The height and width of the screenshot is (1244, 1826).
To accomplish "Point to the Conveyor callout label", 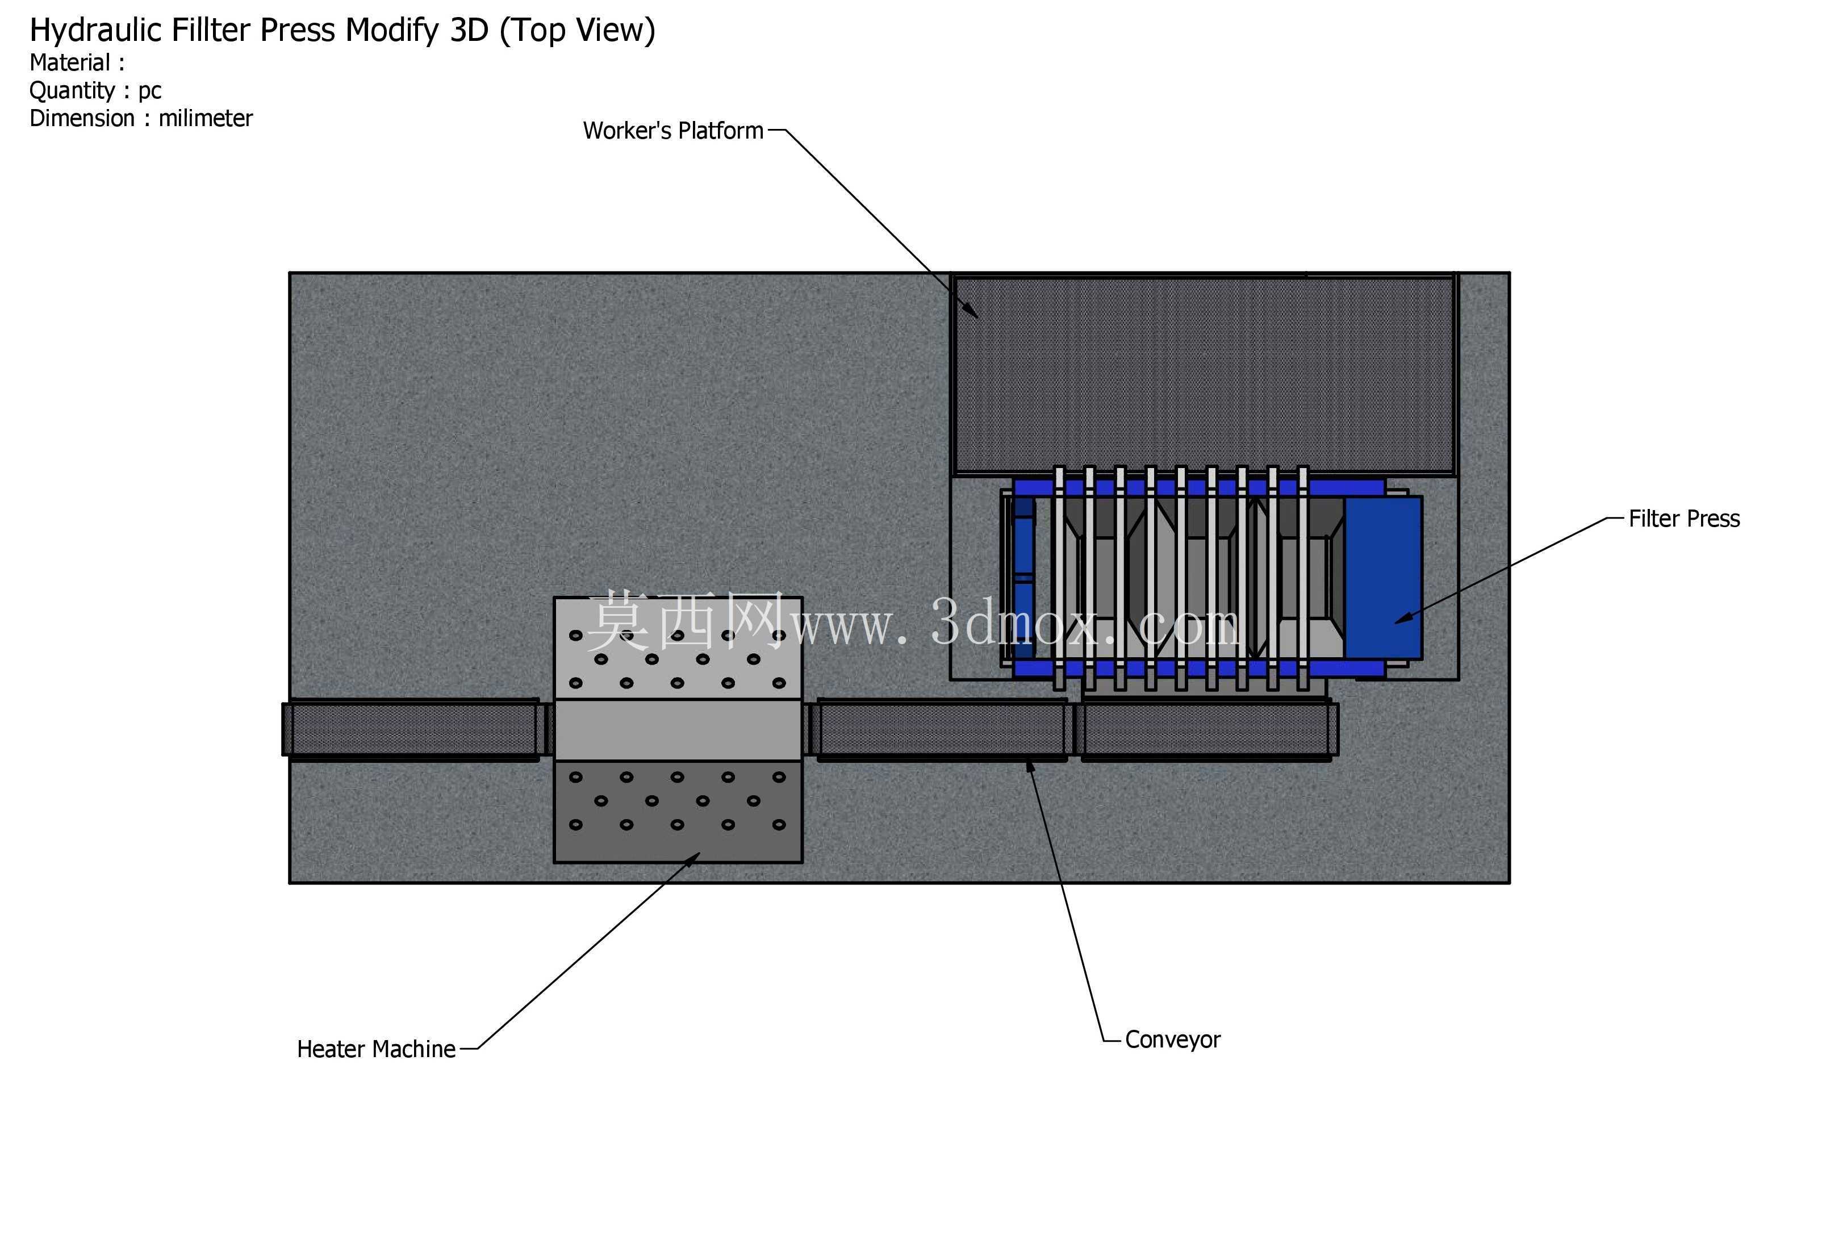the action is [1172, 1040].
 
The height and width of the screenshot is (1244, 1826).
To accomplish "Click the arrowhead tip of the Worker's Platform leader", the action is [978, 318].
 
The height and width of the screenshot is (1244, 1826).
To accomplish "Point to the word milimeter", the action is [205, 118].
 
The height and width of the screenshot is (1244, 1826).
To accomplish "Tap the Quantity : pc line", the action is [95, 91].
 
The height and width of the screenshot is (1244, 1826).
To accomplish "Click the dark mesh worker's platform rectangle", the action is [1204, 374].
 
